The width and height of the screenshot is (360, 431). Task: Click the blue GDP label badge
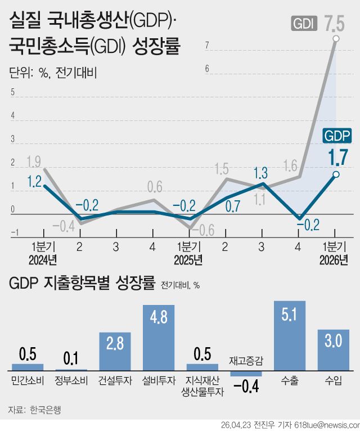(x=337, y=136)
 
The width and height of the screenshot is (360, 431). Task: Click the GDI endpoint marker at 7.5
(x=336, y=38)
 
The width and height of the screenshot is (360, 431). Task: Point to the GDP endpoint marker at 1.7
(x=336, y=174)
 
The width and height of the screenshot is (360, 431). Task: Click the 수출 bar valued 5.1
(x=290, y=335)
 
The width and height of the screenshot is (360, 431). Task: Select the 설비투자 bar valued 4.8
(x=159, y=337)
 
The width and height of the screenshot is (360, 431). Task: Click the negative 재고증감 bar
(x=246, y=373)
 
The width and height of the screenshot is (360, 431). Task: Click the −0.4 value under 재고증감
(x=246, y=388)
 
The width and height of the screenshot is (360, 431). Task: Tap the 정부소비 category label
(x=71, y=381)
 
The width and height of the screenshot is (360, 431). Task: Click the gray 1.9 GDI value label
(x=33, y=162)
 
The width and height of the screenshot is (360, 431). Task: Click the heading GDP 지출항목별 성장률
(x=82, y=283)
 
